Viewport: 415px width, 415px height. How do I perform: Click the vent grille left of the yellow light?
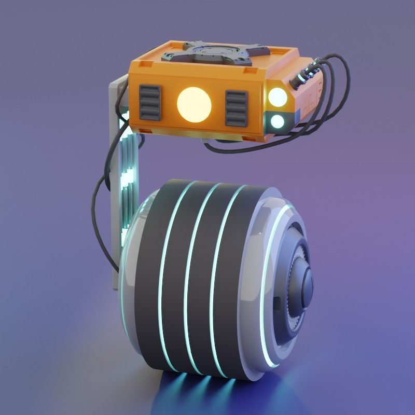pos(150,102)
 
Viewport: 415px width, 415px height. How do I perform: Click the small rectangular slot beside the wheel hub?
pos(277,302)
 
